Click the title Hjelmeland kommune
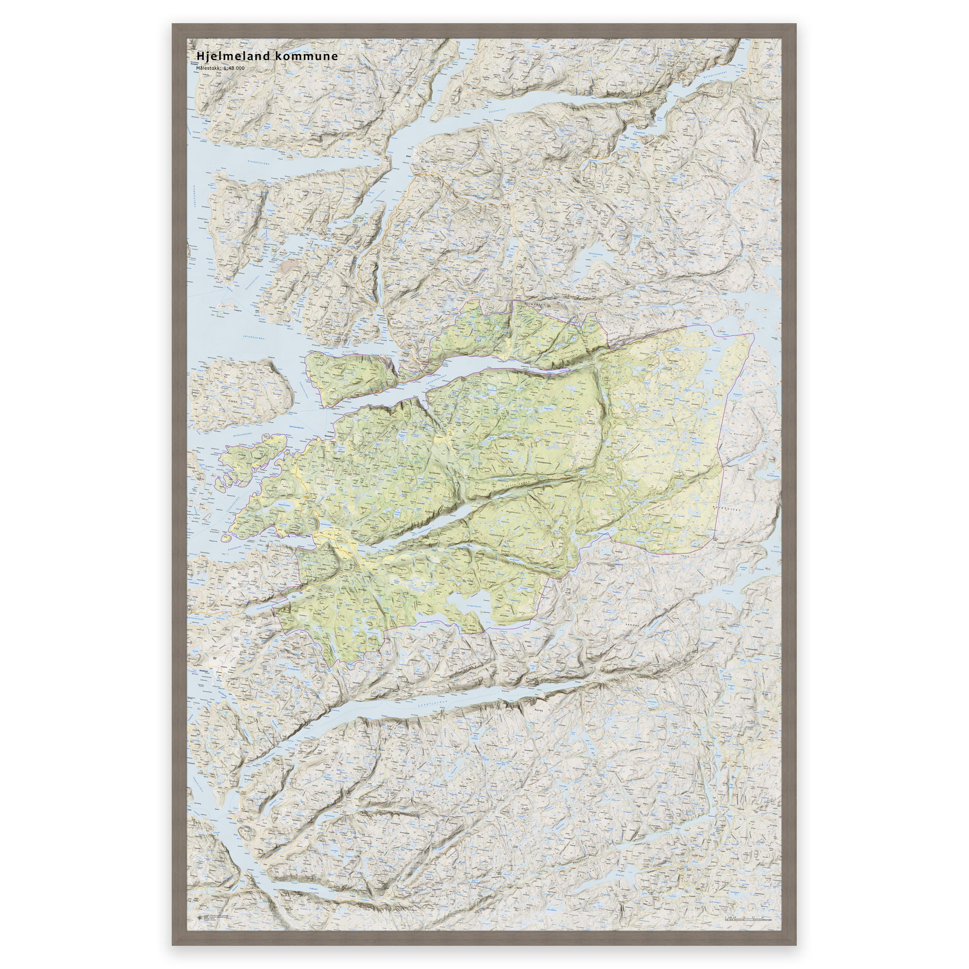(267, 56)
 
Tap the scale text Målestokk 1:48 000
(220, 68)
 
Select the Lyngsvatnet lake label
(474, 607)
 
